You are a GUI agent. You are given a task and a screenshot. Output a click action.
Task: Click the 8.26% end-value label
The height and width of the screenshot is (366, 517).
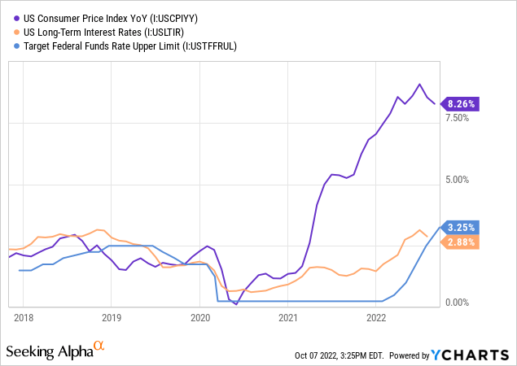pos(462,104)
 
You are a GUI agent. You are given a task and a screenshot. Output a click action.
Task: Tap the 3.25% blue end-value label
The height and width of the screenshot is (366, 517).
pos(462,228)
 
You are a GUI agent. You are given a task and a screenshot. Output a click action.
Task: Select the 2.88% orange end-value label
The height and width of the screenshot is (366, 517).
pos(462,242)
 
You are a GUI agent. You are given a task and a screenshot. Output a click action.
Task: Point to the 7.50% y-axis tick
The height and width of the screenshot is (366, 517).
pos(458,118)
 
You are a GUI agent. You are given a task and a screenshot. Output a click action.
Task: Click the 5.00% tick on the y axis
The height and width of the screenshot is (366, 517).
pos(458,180)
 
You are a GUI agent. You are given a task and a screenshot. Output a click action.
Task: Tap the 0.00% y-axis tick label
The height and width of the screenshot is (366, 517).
pos(458,303)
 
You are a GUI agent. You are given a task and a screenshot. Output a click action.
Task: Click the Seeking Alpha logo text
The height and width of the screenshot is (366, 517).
pos(49,351)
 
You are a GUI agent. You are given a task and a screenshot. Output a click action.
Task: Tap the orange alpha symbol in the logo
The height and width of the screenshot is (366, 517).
pos(99,346)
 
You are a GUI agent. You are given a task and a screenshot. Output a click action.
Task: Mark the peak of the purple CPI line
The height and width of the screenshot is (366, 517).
pos(419,84)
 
